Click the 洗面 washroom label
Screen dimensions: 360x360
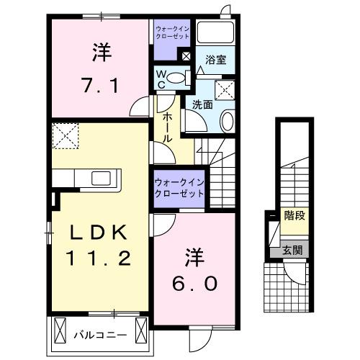201,104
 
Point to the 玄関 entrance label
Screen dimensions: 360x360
292,251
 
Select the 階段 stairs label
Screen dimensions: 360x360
294,215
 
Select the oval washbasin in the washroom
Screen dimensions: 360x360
227,120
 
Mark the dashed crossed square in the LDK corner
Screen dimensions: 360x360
67,134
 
